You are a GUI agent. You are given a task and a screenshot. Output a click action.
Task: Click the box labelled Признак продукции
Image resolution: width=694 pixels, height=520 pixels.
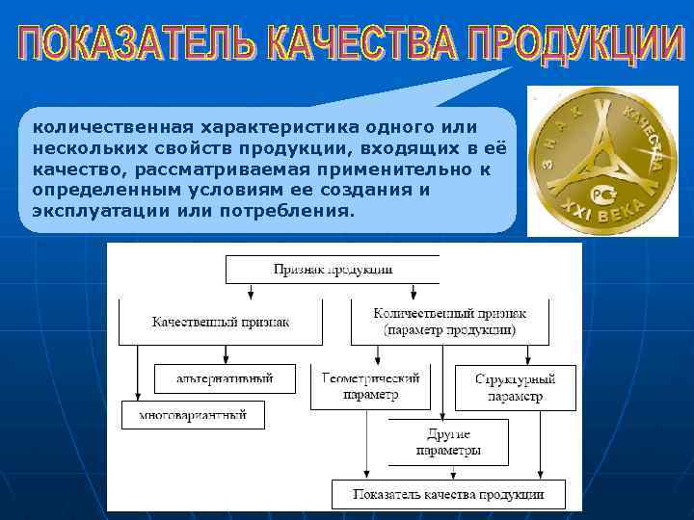(x=333, y=270)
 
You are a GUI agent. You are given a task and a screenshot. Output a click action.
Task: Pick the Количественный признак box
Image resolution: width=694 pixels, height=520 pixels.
(x=449, y=322)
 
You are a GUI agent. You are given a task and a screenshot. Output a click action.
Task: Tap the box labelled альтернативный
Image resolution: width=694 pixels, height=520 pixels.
(x=225, y=378)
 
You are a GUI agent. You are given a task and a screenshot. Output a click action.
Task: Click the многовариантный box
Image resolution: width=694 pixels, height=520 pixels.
(x=193, y=415)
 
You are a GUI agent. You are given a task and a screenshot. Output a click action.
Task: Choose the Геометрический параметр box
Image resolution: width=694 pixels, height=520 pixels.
(x=369, y=386)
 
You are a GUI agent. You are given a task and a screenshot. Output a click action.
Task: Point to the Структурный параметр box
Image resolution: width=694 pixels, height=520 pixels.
(x=515, y=387)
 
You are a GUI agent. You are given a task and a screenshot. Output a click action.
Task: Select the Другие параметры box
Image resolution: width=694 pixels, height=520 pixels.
(x=448, y=442)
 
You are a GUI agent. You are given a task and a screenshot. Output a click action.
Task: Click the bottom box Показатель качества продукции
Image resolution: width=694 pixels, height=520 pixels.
(x=448, y=494)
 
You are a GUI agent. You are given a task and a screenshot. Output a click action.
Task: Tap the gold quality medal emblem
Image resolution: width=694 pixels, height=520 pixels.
(x=603, y=159)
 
